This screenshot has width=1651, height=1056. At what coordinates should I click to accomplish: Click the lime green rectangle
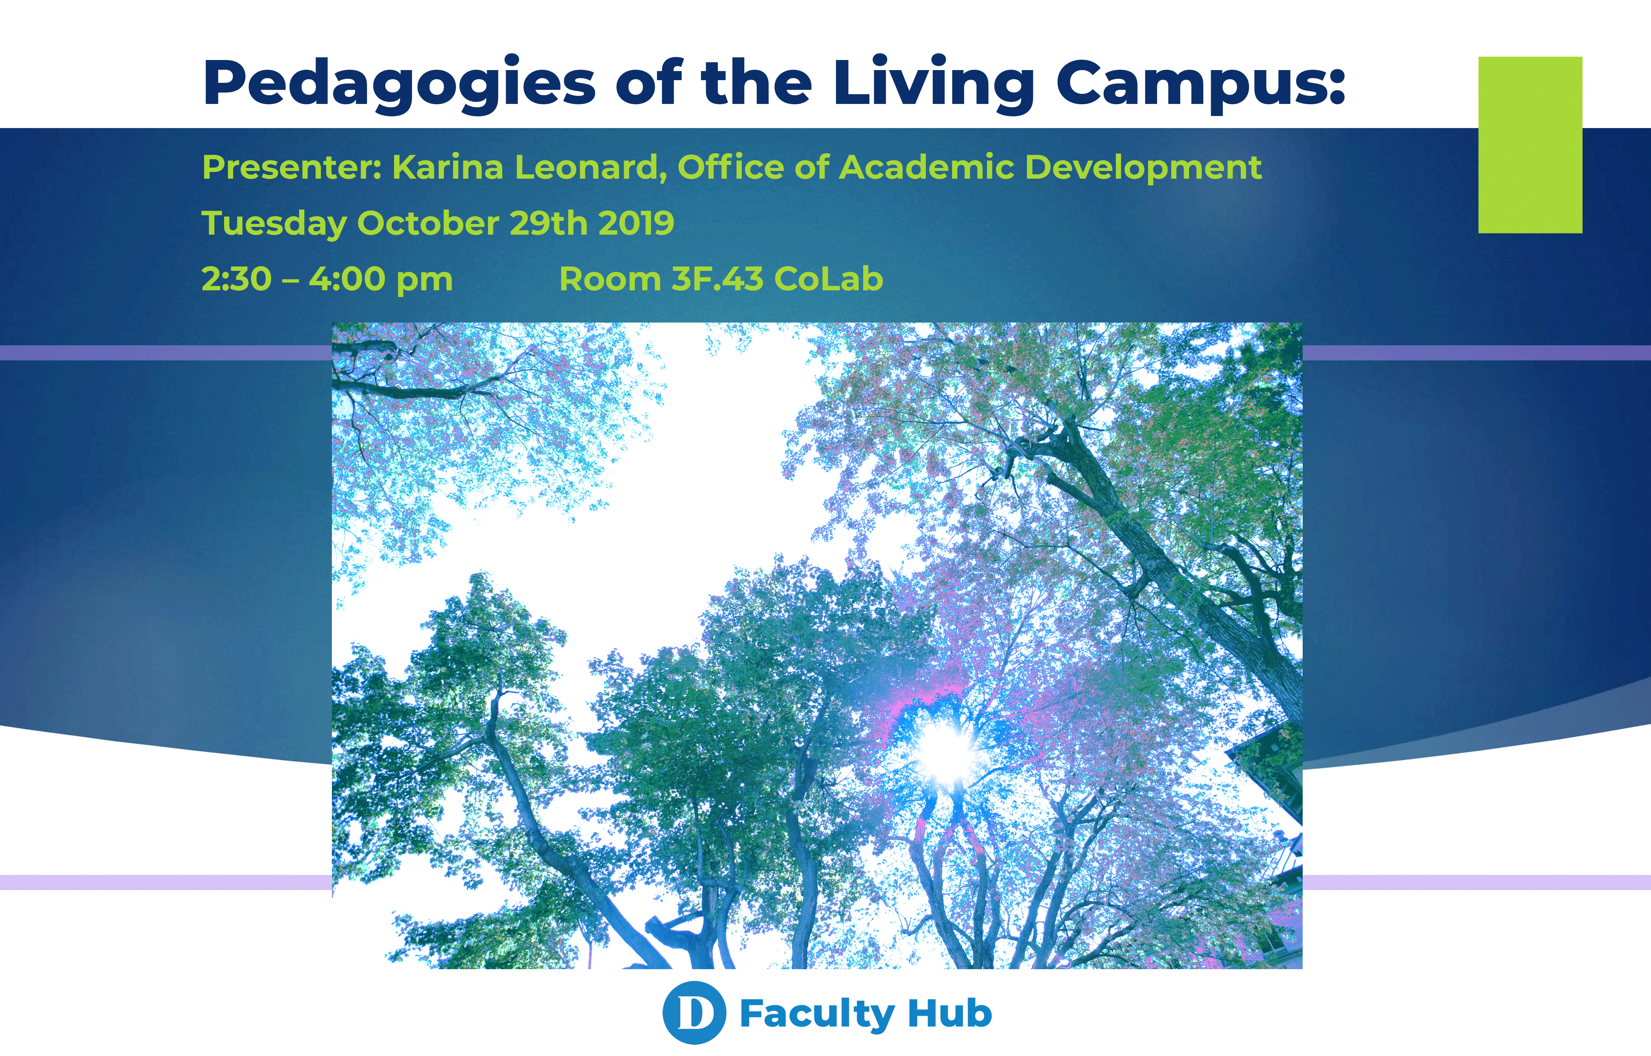(1530, 145)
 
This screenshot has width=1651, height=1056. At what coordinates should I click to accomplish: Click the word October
(428, 224)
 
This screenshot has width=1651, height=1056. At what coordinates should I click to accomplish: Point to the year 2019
(636, 224)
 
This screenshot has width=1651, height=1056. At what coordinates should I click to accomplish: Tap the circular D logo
(694, 1013)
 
